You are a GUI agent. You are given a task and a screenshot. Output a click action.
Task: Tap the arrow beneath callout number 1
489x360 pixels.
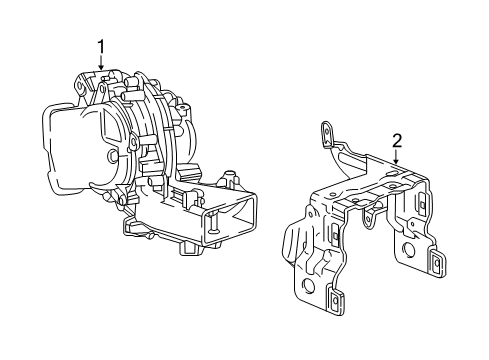100,63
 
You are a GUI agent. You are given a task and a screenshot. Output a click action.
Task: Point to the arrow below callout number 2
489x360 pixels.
397,158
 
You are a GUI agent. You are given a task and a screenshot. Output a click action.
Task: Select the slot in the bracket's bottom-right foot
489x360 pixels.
436,264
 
